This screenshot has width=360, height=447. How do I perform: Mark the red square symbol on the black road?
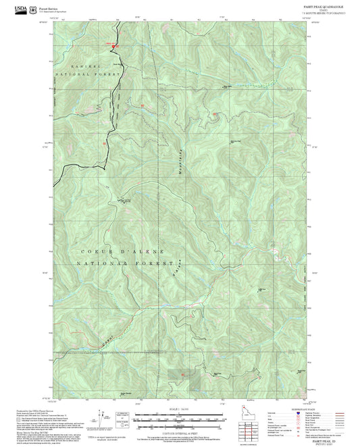[x=113, y=46]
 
